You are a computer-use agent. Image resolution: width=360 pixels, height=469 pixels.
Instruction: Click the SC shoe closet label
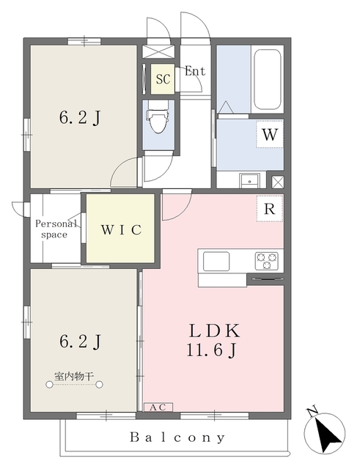click(163, 79)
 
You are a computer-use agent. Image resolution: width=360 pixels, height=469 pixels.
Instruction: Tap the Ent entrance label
click(195, 71)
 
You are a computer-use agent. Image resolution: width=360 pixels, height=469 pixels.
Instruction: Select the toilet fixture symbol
click(157, 120)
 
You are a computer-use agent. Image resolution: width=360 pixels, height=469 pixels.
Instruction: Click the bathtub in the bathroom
click(267, 80)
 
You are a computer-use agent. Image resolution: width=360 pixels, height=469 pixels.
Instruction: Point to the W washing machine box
click(270, 134)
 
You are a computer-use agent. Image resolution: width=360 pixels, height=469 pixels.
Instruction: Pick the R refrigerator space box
click(270, 208)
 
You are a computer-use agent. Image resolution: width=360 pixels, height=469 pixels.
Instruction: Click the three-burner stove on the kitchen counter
click(267, 261)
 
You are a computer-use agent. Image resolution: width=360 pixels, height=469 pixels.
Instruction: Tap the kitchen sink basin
click(216, 261)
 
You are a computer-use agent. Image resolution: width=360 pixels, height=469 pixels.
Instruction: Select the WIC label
click(121, 229)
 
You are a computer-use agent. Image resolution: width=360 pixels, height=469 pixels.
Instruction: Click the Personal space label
click(56, 229)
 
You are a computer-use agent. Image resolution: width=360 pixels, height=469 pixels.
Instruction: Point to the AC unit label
click(158, 407)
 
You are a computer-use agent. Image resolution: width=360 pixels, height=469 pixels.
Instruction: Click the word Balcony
click(177, 437)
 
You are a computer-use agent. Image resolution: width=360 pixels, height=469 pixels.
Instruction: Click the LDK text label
click(214, 331)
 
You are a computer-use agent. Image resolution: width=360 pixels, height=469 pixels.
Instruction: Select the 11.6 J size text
click(212, 350)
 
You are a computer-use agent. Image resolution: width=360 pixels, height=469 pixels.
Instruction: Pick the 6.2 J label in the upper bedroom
click(80, 118)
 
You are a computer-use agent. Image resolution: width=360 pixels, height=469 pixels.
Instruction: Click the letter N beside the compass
click(313, 411)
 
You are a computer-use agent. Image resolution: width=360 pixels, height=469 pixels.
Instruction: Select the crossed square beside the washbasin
click(277, 182)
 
